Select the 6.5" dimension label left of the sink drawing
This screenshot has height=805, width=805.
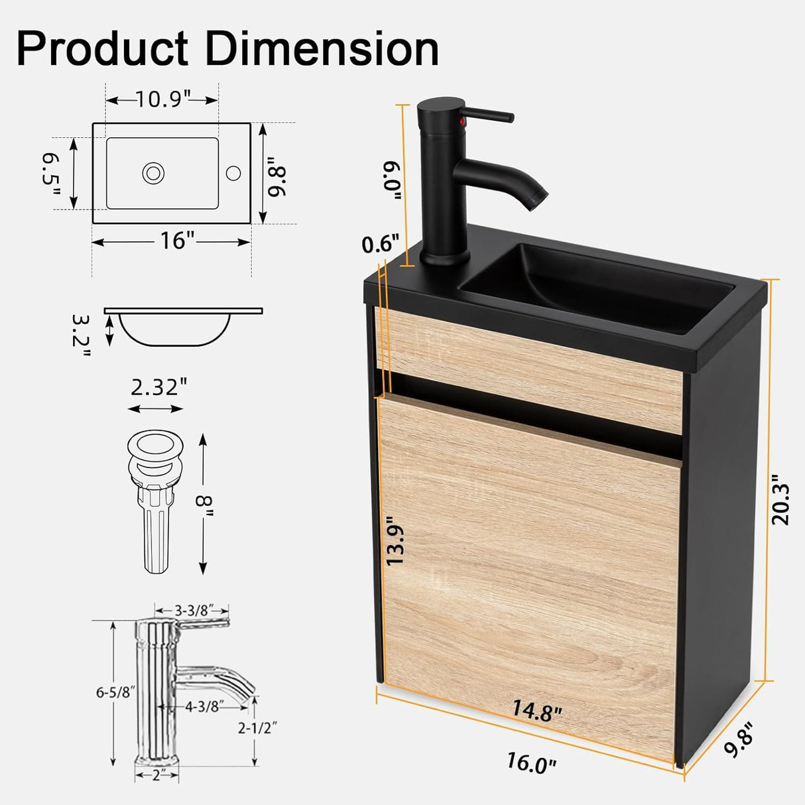coord(51,174)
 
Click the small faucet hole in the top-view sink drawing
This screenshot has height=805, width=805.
coord(233,173)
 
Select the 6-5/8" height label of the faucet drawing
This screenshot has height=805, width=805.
coord(115,692)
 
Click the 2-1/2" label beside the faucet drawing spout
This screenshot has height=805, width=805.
coord(258,727)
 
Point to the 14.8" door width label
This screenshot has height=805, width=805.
coord(536,711)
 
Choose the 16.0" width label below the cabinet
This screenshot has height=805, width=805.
coord(530,762)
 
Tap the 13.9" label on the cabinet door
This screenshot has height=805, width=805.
coord(395,541)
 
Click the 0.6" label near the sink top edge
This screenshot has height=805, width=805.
coord(381,244)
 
